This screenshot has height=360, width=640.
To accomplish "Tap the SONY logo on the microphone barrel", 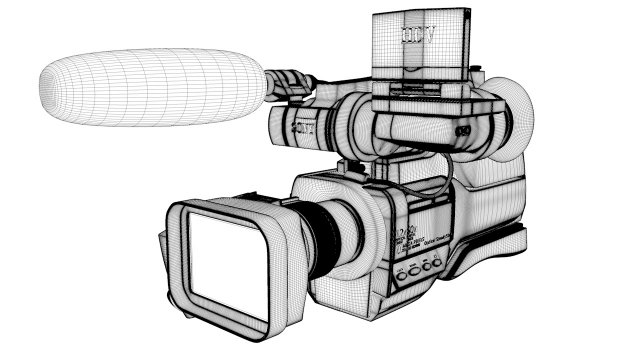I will pyautogui.click(x=304, y=127).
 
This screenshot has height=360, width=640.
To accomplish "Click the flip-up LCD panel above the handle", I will pyautogui.click(x=420, y=45).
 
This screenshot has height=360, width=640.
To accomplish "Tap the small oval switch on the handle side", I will pyautogui.click(x=462, y=131).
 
